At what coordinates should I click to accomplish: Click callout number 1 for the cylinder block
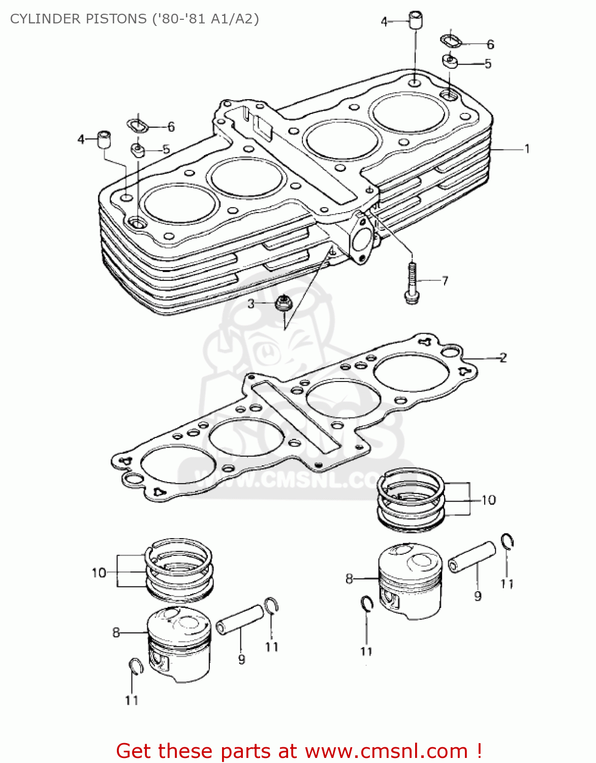pyautogui.click(x=527, y=149)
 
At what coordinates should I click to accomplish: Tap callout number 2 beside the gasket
pyautogui.click(x=503, y=358)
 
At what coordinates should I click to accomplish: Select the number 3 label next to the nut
pyautogui.click(x=251, y=304)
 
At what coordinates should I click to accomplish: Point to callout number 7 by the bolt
pyautogui.click(x=445, y=281)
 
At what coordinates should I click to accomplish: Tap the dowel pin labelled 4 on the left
pyautogui.click(x=104, y=139)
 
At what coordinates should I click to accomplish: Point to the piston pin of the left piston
pyautogui.click(x=240, y=619)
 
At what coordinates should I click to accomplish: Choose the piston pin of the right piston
pyautogui.click(x=472, y=557)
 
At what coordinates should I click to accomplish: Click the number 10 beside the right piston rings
pyautogui.click(x=488, y=500)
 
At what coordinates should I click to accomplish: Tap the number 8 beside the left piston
pyautogui.click(x=116, y=632)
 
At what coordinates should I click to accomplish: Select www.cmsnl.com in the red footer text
pyautogui.click(x=386, y=751)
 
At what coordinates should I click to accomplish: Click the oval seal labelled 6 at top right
pyautogui.click(x=450, y=41)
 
